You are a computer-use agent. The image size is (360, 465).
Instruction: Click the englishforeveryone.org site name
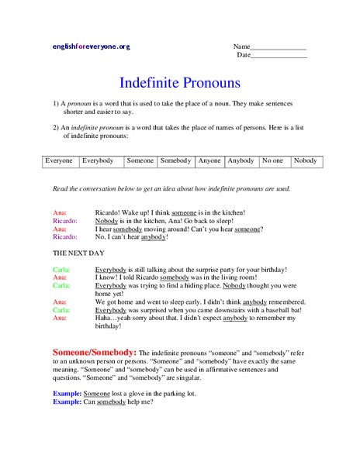pos(91,46)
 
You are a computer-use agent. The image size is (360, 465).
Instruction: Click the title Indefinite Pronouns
pos(180,82)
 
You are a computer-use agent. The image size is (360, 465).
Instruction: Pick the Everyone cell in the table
pos(59,161)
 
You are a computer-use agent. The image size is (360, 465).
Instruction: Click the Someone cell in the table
pos(140,161)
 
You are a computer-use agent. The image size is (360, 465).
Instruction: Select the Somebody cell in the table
pos(175,161)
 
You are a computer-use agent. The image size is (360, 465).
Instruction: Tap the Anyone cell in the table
pos(209,161)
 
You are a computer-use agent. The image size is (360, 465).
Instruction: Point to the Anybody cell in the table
pos(241,161)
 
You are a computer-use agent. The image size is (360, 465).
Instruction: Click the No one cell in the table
pos(273,161)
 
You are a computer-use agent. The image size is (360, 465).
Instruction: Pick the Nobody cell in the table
pos(306,161)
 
